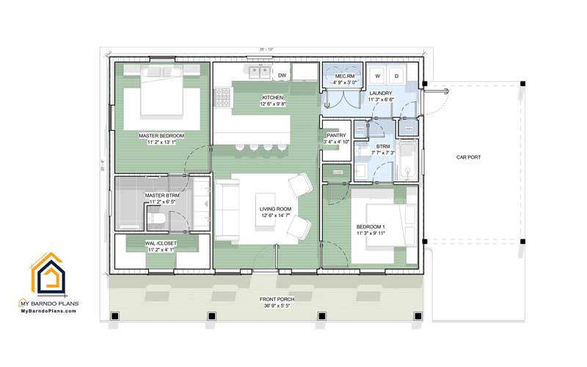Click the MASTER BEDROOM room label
point(161,136)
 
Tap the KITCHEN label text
point(272,98)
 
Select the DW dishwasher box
point(282,75)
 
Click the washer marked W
point(378,76)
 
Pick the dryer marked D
point(397,76)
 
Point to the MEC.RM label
point(345,76)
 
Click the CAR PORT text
point(467,156)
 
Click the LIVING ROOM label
point(275,209)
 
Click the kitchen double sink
point(258,73)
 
